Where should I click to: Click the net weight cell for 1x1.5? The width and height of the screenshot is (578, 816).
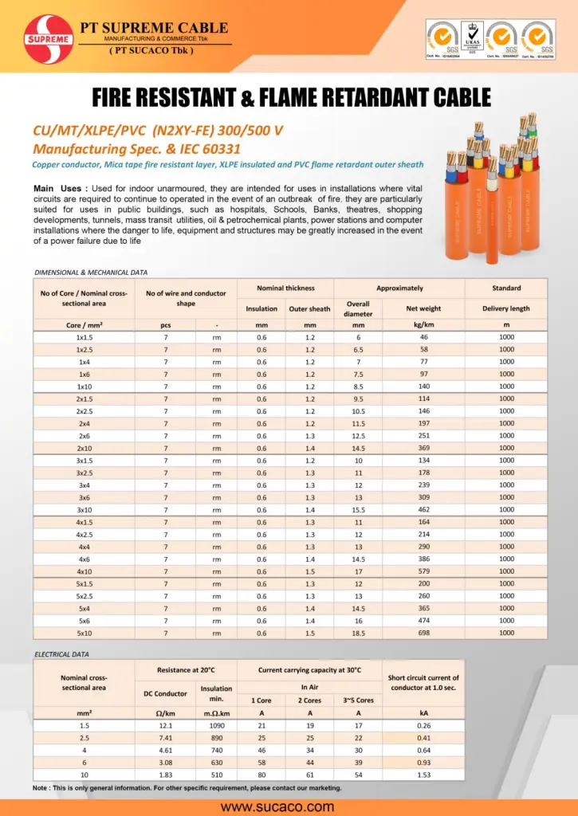click(x=423, y=337)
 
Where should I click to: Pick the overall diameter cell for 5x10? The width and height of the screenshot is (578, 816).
click(x=358, y=633)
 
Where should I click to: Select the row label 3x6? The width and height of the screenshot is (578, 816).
click(x=84, y=497)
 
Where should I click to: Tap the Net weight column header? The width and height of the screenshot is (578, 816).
click(x=423, y=308)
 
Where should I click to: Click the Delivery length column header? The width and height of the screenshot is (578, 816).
click(x=506, y=308)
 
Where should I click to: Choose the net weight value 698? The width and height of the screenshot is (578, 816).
click(x=423, y=633)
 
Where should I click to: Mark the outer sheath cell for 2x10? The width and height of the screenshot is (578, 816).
click(x=309, y=448)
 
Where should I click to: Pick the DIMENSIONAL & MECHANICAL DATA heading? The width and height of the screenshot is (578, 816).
click(x=91, y=273)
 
